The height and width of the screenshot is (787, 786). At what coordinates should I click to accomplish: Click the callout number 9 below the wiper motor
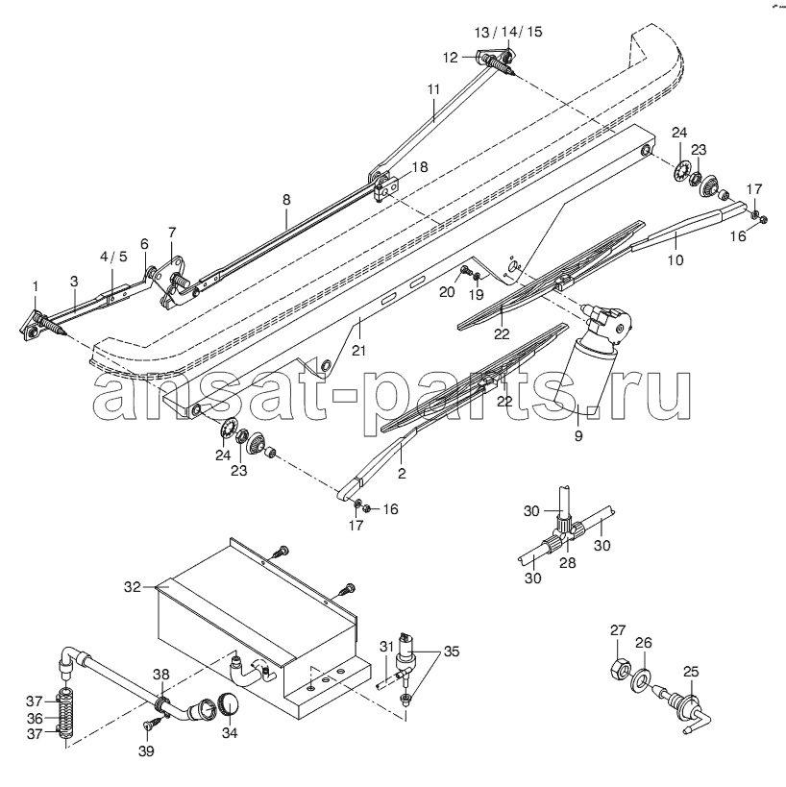tap(578, 435)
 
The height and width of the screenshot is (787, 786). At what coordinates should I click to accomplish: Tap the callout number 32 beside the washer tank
tap(133, 586)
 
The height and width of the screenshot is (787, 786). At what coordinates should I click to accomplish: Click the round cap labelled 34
tap(229, 704)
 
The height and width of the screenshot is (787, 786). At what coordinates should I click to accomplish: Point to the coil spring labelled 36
tap(65, 718)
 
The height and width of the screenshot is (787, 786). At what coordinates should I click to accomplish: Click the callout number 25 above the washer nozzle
tap(691, 672)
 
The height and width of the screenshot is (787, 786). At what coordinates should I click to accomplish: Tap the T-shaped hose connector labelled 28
tap(567, 536)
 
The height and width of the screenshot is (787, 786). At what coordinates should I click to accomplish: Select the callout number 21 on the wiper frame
tap(358, 351)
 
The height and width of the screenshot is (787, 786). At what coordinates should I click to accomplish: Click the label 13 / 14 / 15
tap(508, 32)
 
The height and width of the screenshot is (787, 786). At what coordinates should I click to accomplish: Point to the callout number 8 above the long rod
tap(286, 200)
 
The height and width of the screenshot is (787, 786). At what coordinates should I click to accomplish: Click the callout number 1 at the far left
tap(36, 286)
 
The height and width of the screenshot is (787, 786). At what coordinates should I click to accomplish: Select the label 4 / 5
tap(113, 257)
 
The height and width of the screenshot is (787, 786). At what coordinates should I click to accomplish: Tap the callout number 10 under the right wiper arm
tap(675, 260)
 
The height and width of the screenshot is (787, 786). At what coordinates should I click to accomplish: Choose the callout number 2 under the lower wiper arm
tap(402, 473)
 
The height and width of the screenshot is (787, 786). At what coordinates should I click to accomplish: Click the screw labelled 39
tap(152, 724)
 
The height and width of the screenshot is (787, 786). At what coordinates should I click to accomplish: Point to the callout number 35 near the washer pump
tap(452, 652)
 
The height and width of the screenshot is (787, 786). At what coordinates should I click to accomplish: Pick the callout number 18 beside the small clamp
tap(420, 167)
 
